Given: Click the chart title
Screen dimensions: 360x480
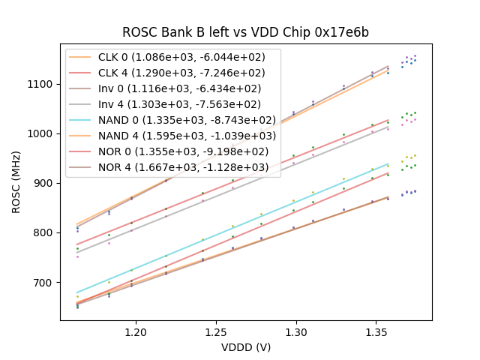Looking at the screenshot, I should pos(246,32).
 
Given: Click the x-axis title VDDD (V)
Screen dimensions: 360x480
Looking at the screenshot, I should pos(246,347).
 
